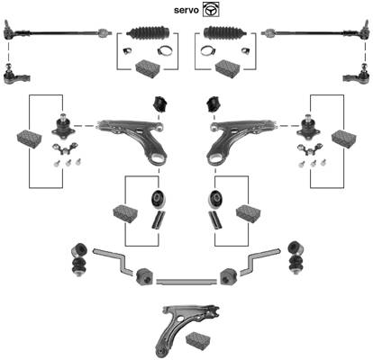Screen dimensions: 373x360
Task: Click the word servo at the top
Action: [x=186, y=10]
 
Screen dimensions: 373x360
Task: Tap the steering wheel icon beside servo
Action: [x=211, y=9]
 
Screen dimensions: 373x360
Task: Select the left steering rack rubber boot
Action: [x=148, y=32]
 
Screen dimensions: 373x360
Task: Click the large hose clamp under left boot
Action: [x=165, y=50]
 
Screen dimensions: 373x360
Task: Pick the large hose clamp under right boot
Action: [x=208, y=50]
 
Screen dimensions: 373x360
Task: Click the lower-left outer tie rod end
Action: [x=16, y=75]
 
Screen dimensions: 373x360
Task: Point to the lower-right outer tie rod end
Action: [x=356, y=75]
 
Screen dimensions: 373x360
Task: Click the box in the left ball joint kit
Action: [x=30, y=139]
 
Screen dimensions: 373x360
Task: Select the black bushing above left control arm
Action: [x=160, y=104]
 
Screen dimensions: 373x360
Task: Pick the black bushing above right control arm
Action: [x=213, y=104]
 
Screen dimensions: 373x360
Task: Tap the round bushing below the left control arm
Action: [x=158, y=199]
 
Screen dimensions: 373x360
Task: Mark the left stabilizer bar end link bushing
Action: [x=78, y=260]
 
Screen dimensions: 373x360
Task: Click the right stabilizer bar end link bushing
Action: [x=296, y=258]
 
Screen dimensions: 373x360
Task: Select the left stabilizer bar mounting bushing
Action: [x=144, y=277]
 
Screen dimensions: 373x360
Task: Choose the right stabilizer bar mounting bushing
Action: [x=229, y=276]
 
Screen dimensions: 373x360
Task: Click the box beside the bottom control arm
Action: [x=198, y=340]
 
